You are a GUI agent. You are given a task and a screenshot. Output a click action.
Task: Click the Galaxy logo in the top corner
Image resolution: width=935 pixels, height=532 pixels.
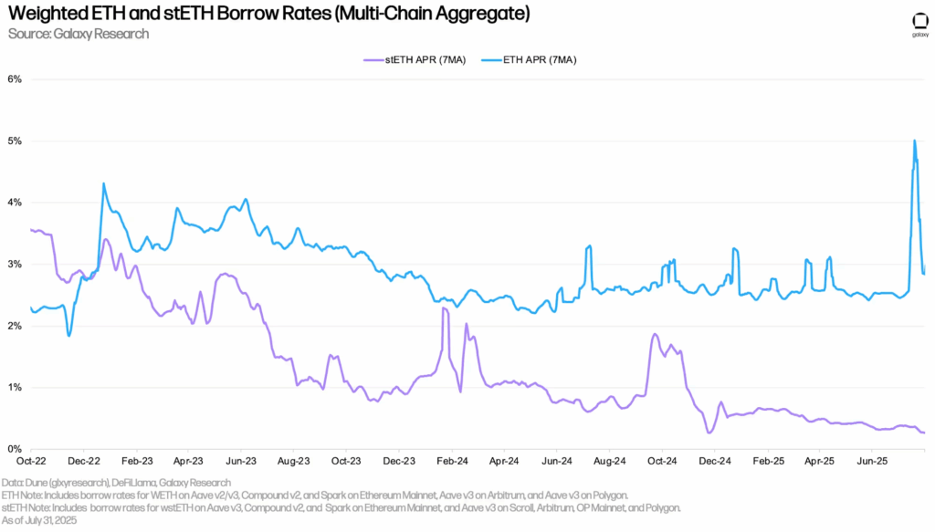pos(919,25)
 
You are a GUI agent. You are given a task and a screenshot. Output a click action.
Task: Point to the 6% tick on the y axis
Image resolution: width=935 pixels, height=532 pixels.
pos(16,79)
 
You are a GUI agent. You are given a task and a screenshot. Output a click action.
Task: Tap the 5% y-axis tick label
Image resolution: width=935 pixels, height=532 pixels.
pos(16,141)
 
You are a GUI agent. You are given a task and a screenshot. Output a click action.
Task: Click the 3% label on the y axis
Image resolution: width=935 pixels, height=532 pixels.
pos(16,265)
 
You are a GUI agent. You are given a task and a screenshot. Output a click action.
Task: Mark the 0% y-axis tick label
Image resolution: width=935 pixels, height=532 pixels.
pos(16,449)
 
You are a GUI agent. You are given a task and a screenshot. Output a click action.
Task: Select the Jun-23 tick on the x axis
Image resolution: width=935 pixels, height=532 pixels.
pos(241,463)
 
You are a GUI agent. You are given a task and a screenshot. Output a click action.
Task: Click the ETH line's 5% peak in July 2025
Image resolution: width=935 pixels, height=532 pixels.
pos(915,141)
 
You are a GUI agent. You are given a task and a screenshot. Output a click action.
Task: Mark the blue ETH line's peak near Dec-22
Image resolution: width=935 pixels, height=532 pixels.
pos(103,184)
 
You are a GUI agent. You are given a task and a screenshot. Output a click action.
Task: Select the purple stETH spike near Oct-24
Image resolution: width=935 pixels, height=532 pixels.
pos(655,335)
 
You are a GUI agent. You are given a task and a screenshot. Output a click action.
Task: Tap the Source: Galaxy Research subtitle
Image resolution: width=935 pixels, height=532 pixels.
pos(78,35)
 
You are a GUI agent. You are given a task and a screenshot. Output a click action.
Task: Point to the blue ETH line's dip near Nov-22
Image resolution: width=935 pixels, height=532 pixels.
pos(69,336)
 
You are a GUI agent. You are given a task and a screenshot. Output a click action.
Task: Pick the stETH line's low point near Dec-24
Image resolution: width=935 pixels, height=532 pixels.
pos(709,433)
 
